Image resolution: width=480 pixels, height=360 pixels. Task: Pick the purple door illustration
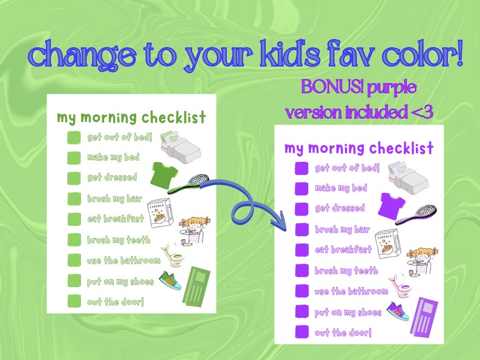pyautogui.click(x=421, y=318)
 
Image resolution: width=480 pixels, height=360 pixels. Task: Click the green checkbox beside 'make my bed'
pyautogui.click(x=74, y=158)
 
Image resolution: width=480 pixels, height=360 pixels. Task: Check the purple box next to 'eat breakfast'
pyautogui.click(x=300, y=250)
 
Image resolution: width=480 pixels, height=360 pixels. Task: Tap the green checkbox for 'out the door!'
pyautogui.click(x=74, y=301)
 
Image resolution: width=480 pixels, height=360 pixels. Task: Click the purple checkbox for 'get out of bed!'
pyautogui.click(x=300, y=169)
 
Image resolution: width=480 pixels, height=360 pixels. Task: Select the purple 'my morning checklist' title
pyautogui.click(x=358, y=149)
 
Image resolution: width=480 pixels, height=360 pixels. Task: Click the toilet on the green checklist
pyautogui.click(x=174, y=256)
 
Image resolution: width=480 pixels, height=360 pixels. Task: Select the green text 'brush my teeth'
pyautogui.click(x=118, y=240)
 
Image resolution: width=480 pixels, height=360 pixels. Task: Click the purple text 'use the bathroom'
pyautogui.click(x=351, y=292)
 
